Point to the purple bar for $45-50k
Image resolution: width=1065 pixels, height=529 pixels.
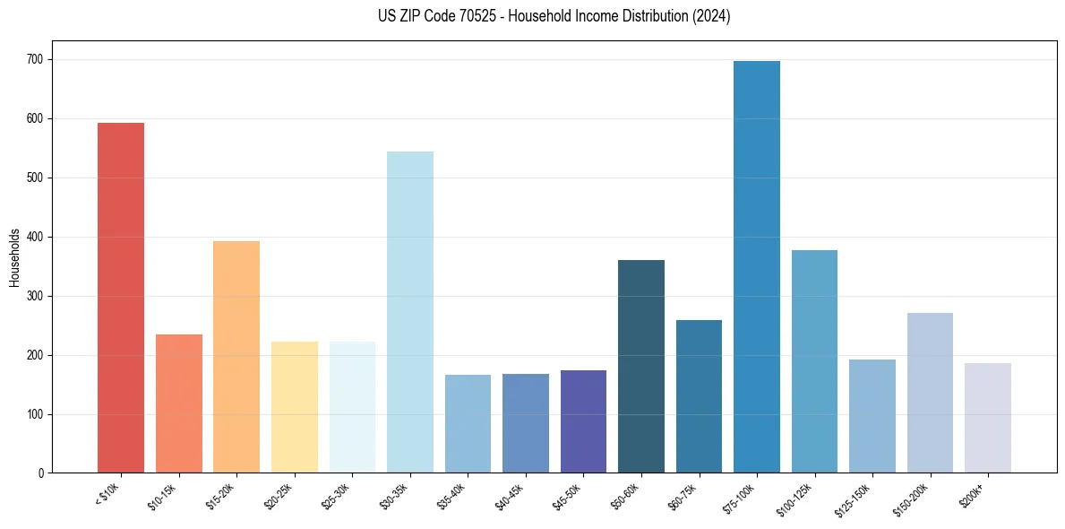tap(583, 421)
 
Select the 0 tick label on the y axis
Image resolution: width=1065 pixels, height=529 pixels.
tap(41, 473)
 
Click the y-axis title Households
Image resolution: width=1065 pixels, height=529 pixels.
tap(14, 256)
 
